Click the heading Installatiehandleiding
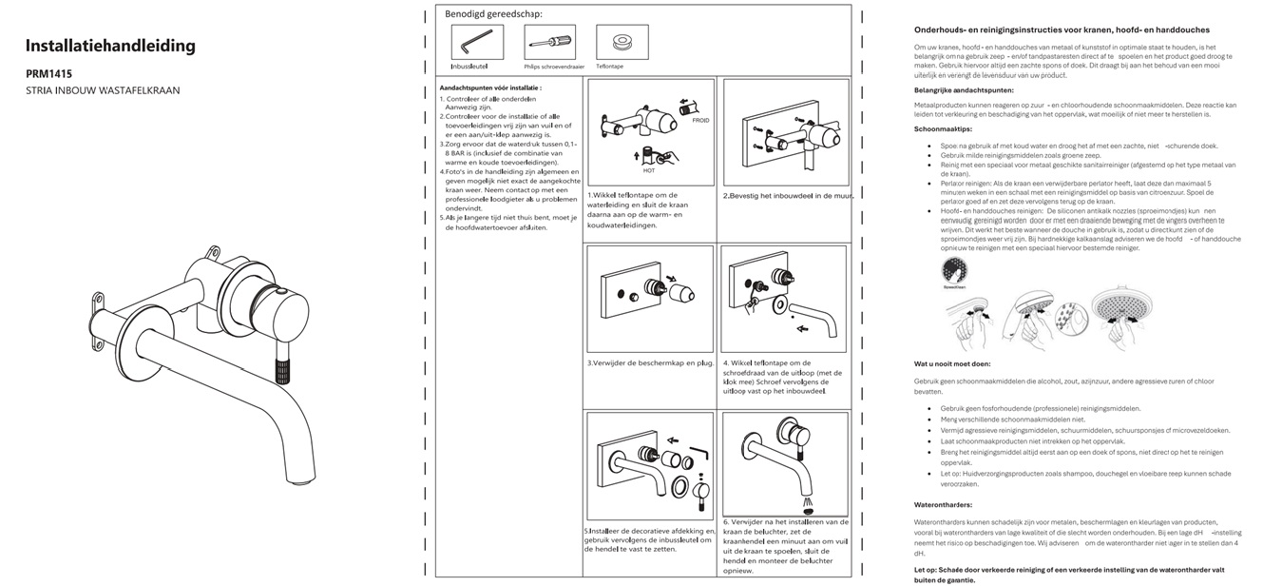tap(110, 46)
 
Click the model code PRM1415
tap(48, 73)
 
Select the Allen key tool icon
tap(476, 42)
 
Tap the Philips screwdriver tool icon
tap(548, 42)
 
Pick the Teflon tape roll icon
tap(622, 42)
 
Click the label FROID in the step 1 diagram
tap(699, 121)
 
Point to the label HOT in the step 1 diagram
tap(649, 170)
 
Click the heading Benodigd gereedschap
tap(494, 14)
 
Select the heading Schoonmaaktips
tap(943, 127)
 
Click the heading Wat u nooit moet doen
tap(952, 363)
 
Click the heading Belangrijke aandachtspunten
tap(964, 90)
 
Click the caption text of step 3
tap(650, 362)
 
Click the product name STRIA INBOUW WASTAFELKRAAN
tap(103, 90)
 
